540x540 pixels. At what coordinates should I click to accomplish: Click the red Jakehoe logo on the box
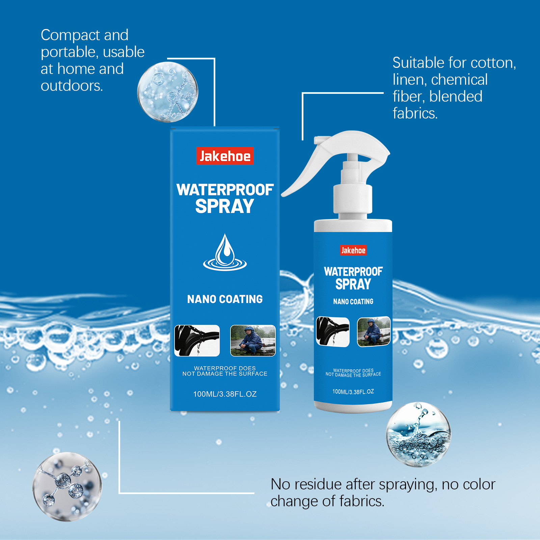[x=225, y=156]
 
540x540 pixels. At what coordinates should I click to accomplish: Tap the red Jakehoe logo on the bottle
[x=353, y=250]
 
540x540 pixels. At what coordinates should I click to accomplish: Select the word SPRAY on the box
[x=225, y=206]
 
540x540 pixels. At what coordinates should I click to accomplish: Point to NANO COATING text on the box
[x=225, y=299]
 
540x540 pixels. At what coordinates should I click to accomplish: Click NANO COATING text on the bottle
[x=353, y=301]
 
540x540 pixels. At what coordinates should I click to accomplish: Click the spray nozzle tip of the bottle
[x=319, y=139]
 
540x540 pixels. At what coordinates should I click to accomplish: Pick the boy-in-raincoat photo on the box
[x=253, y=340]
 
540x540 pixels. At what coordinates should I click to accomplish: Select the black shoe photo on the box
[x=197, y=340]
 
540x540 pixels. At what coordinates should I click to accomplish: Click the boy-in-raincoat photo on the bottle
[x=374, y=331]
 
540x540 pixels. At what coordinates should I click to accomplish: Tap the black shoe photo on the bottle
[x=333, y=332]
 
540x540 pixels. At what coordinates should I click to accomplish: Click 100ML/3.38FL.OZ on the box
[x=225, y=394]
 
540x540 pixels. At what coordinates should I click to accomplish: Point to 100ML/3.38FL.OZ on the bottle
[x=353, y=391]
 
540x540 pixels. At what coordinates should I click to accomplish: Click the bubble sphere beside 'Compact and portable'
[x=168, y=92]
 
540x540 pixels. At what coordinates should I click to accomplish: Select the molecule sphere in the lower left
[x=67, y=486]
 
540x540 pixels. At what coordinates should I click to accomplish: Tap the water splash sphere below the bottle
[x=418, y=434]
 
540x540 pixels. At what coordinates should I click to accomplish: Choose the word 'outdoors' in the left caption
[x=72, y=86]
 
